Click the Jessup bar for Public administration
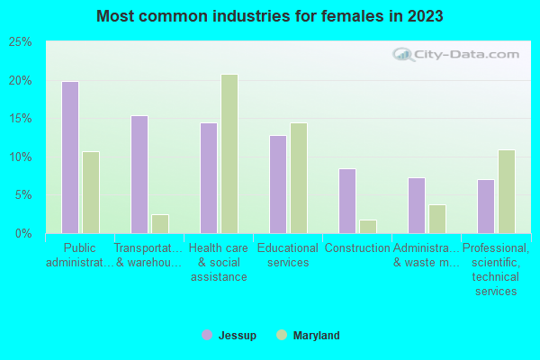70,157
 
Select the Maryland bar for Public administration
91,193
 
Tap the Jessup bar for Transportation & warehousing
139,175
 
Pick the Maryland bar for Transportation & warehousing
160,224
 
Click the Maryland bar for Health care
229,154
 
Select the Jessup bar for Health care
209,178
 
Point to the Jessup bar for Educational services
278,184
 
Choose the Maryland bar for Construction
368,227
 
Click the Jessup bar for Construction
347,201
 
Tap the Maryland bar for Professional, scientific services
507,192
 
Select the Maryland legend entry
308,336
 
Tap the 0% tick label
22,234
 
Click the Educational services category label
288,256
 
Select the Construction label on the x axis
357,248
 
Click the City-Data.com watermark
458,54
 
